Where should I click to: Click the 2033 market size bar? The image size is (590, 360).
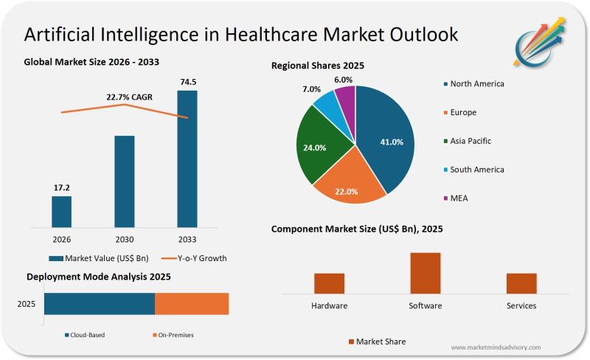pos(187,159)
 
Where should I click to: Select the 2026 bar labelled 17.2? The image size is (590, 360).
pos(62,211)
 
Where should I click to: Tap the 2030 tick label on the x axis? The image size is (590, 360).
pos(125,240)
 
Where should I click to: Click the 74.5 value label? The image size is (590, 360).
pos(188,81)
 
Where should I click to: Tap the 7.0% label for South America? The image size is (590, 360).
pos(312,89)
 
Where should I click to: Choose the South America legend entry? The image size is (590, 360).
pos(476,170)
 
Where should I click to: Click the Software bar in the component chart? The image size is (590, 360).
pos(426,273)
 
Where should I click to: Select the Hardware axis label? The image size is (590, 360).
pos(330,305)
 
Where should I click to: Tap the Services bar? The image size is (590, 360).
pos(521,283)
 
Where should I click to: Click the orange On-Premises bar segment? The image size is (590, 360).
pos(192,304)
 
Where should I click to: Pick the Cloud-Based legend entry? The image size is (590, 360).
pos(85,335)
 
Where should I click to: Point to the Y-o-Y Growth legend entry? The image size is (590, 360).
pos(192,258)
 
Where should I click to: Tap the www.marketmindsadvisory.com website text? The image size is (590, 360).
pos(495,347)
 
